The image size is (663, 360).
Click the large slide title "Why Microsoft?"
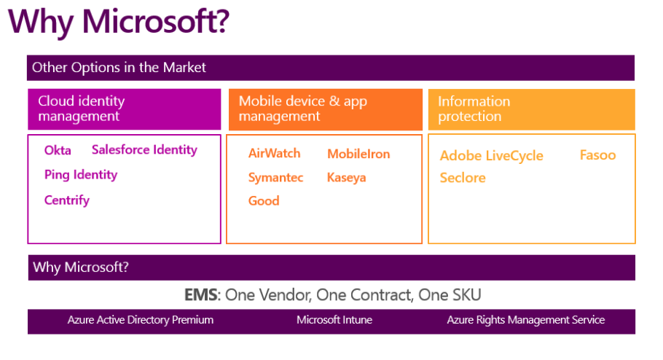click(119, 22)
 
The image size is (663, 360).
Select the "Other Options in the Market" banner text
click(119, 68)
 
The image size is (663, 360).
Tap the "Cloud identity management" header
click(82, 109)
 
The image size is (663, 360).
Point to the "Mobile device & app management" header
click(303, 109)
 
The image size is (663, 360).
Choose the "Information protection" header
click(474, 109)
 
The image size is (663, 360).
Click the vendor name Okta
click(58, 151)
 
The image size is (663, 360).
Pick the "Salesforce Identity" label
click(144, 150)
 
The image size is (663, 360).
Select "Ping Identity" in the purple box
click(81, 175)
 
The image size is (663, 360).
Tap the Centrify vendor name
click(67, 200)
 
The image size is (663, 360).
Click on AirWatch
click(275, 153)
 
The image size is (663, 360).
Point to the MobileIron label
click(358, 154)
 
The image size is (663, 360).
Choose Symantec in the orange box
click(275, 178)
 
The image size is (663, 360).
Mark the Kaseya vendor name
click(346, 178)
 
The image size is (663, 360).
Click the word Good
click(264, 200)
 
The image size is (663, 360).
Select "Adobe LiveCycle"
click(491, 156)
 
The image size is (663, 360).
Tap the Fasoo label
click(598, 155)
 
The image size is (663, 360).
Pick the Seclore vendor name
click(463, 178)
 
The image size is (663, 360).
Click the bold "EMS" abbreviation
click(201, 295)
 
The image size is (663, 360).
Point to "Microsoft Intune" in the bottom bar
click(334, 320)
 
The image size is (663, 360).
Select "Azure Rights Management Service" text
click(526, 320)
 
